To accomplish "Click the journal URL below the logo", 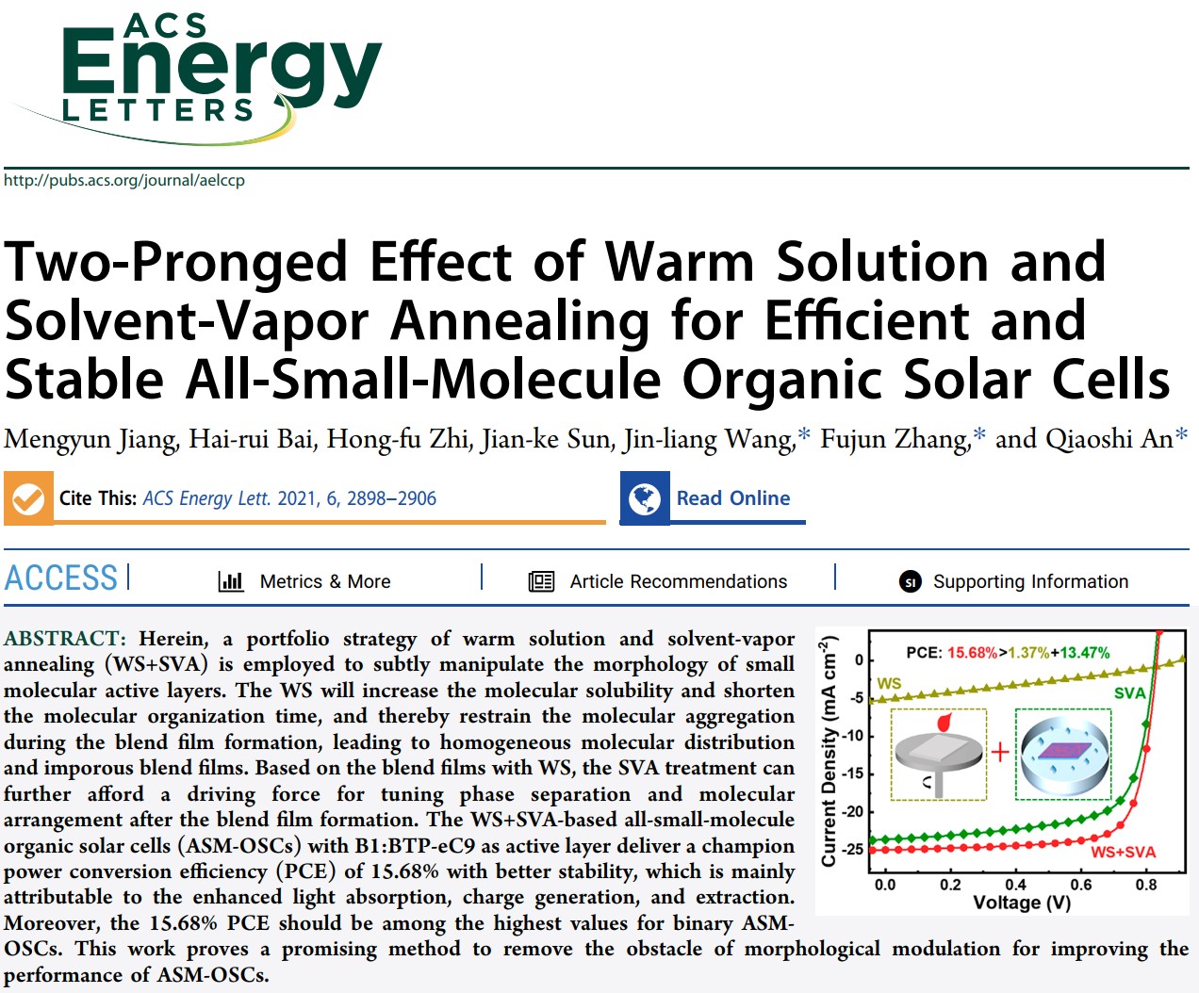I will pyautogui.click(x=124, y=180).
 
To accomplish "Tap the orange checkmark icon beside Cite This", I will pyautogui.click(x=28, y=498).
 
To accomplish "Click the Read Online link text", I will pyautogui.click(x=732, y=498).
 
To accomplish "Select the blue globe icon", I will pyautogui.click(x=645, y=498).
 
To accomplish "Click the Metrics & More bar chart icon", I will pyautogui.click(x=231, y=581).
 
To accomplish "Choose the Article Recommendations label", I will pyautogui.click(x=678, y=581).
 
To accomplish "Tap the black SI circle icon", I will pyautogui.click(x=910, y=582).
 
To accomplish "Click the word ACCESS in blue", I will pyautogui.click(x=61, y=578).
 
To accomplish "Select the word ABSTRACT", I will pyautogui.click(x=63, y=639).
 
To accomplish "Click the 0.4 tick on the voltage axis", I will pyautogui.click(x=1015, y=885).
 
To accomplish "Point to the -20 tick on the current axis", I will pyautogui.click(x=851, y=811).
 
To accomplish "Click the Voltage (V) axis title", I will pyautogui.click(x=1022, y=903).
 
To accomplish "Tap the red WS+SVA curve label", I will pyautogui.click(x=1123, y=852).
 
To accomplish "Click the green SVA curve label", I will pyautogui.click(x=1129, y=693).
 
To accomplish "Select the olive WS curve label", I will pyautogui.click(x=889, y=683).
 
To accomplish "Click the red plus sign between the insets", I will pyautogui.click(x=1000, y=752).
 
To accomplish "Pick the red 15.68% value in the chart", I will pyautogui.click(x=972, y=652).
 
